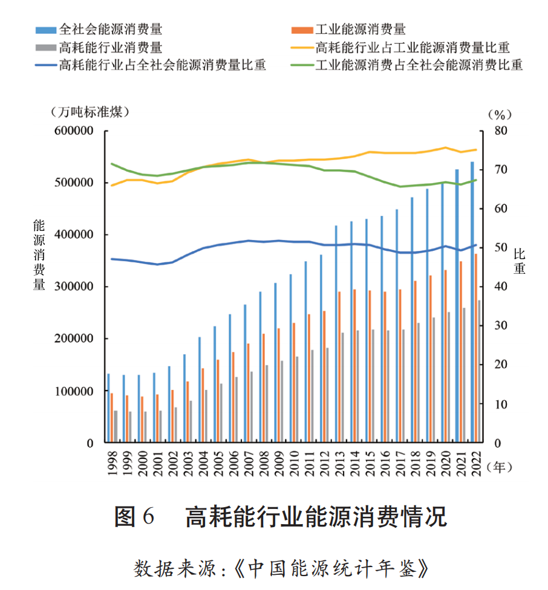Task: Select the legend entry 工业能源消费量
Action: pos(360,28)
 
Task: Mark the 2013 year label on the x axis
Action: pos(338,462)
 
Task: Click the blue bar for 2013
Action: pos(336,334)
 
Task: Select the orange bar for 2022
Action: pos(476,348)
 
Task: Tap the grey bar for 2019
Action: pos(434,380)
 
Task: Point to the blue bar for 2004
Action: pos(200,390)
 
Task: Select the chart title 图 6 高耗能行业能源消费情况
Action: pos(280,517)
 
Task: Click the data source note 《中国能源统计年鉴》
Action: pos(332,568)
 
